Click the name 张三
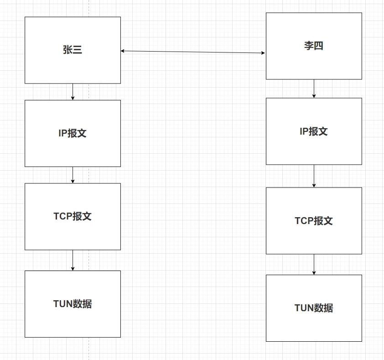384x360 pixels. pyautogui.click(x=73, y=50)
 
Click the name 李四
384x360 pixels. pyautogui.click(x=314, y=46)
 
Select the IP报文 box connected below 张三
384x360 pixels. pyautogui.click(x=73, y=133)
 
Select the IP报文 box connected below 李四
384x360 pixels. pyautogui.click(x=314, y=131)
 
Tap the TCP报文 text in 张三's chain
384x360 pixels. pyautogui.click(x=73, y=216)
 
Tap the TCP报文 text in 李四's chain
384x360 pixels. pyautogui.click(x=314, y=221)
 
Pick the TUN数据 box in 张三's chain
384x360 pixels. pyautogui.click(x=73, y=304)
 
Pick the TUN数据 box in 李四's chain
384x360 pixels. pyautogui.click(x=314, y=308)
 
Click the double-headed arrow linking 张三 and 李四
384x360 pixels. pyautogui.click(x=193, y=52)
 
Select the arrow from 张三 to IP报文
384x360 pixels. pyautogui.click(x=73, y=92)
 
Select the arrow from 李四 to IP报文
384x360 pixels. pyautogui.click(x=314, y=89)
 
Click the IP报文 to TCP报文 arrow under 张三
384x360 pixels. pyautogui.click(x=73, y=175)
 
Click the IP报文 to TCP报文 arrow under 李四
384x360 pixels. pyautogui.click(x=314, y=176)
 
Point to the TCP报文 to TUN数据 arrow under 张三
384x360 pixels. pyautogui.click(x=73, y=260)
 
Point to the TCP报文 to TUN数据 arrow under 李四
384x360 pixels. pyautogui.click(x=314, y=264)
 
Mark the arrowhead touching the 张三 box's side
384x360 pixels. pyautogui.click(x=123, y=51)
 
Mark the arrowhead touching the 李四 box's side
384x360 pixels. pyautogui.click(x=263, y=53)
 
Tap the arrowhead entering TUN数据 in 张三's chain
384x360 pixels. pyautogui.click(x=73, y=268)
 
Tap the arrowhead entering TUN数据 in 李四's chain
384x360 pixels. pyautogui.click(x=314, y=272)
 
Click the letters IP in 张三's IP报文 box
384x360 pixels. pyautogui.click(x=62, y=133)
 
